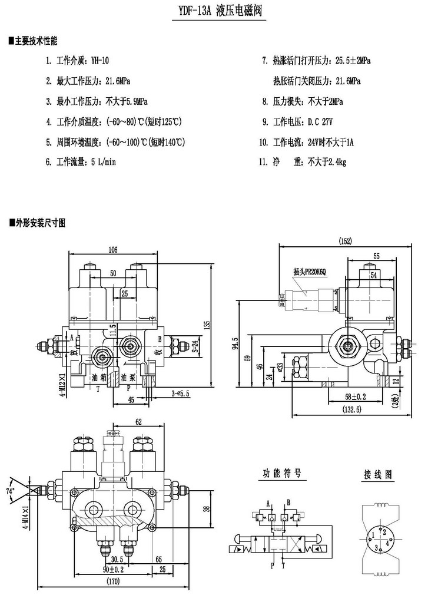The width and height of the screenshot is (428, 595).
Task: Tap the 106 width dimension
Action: [x=112, y=250]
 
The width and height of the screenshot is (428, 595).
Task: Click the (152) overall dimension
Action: [x=346, y=240]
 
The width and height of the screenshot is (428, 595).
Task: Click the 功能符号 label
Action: [x=281, y=474]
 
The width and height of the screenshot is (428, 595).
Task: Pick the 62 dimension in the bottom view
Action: [x=139, y=422]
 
